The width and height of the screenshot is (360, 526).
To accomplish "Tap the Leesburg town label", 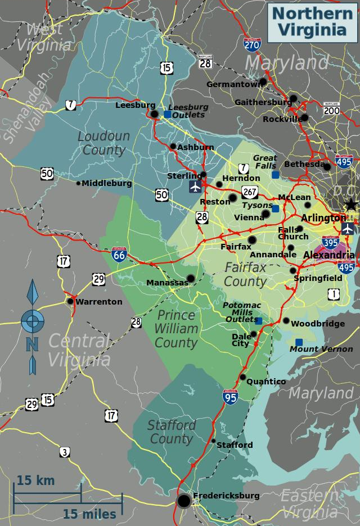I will point(135,105).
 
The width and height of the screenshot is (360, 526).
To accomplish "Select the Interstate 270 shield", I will point(252,44).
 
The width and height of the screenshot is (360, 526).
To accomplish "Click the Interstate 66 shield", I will point(119,255).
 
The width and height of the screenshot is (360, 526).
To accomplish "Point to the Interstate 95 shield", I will point(230,397).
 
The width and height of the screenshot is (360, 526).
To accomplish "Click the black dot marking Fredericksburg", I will point(184,501).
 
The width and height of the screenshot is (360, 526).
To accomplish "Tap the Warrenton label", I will point(98,302).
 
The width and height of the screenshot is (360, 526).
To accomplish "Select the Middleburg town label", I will point(107,183).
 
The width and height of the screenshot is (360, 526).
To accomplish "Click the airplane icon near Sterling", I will point(195,186).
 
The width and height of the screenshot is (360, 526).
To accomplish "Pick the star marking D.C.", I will point(352,204).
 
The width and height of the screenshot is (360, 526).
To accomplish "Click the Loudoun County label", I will point(103,143).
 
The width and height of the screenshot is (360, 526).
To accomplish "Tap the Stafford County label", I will point(172,432).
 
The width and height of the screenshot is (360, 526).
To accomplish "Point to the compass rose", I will point(33,321).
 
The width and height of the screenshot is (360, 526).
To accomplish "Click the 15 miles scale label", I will point(89,514).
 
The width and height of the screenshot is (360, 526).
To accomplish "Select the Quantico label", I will point(267,382).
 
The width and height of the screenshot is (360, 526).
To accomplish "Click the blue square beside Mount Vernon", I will point(299,342).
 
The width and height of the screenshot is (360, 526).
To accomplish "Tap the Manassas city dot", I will point(191,278).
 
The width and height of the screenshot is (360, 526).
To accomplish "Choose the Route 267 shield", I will point(250,192).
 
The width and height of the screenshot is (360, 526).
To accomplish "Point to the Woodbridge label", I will point(318,324).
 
